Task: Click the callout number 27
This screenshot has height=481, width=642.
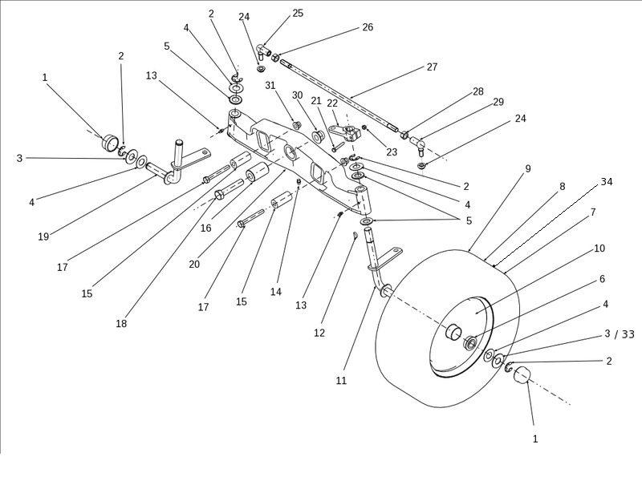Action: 432,67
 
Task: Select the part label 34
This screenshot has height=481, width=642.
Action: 607,182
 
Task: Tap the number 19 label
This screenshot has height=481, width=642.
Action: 43,236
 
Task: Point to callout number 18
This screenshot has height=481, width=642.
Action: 121,324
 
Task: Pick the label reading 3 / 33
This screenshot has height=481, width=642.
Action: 619,334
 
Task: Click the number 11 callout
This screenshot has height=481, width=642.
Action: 341,381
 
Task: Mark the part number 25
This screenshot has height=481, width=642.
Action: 298,14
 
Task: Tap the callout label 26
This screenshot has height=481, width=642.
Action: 368,27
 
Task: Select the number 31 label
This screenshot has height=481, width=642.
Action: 270,86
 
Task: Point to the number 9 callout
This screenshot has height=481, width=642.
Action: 528,169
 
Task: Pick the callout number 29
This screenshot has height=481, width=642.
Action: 498,102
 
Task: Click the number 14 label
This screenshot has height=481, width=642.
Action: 276,293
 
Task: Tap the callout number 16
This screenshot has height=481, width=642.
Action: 205,228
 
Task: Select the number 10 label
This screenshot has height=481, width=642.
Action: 599,249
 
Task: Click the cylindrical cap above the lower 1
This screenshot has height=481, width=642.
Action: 523,376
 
